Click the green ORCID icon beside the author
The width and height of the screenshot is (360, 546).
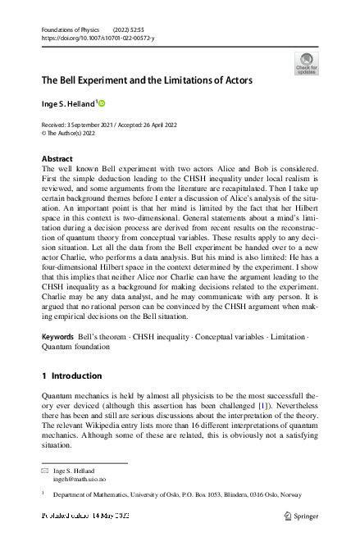(x=103, y=103)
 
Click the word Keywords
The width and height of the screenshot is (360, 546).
(x=57, y=337)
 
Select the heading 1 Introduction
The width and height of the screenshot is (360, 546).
(x=71, y=375)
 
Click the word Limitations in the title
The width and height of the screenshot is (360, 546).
(x=180, y=80)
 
